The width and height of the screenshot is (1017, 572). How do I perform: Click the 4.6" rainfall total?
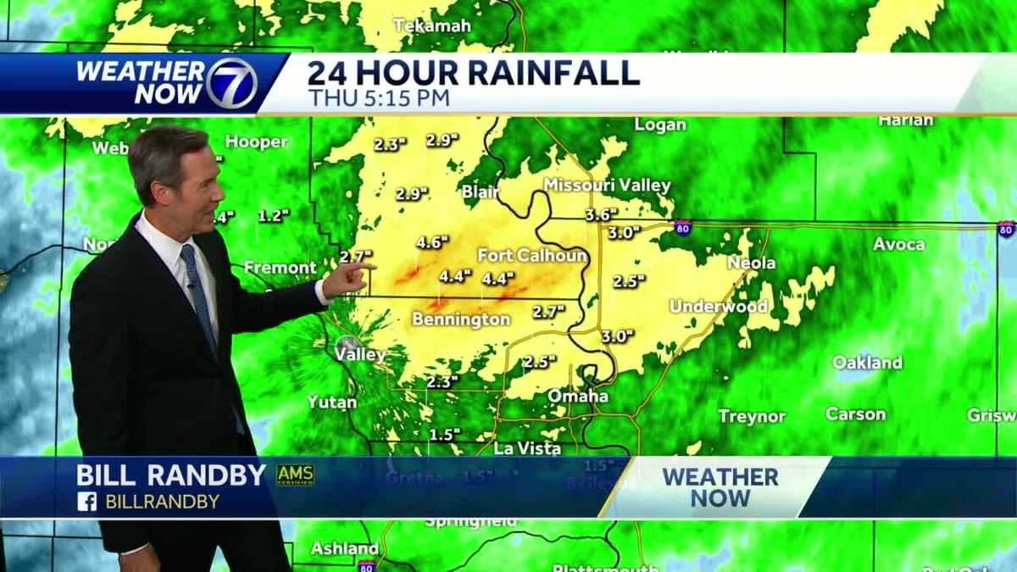tap(431, 242)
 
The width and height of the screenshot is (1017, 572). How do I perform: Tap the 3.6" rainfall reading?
tap(601, 215)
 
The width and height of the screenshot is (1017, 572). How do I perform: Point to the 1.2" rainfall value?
tap(274, 216)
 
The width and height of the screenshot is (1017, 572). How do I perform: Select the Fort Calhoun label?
tap(532, 255)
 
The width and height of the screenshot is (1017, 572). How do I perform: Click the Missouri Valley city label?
tap(607, 185)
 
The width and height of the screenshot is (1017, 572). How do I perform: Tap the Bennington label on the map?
tap(461, 319)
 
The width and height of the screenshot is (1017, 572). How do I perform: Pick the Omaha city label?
tap(578, 396)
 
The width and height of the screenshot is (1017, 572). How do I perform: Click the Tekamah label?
tap(432, 25)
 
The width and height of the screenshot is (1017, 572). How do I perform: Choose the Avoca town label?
tap(899, 244)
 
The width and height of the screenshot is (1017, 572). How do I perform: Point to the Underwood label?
tap(719, 306)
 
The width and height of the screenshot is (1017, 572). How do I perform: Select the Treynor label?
tap(752, 416)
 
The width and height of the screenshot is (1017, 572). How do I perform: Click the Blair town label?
tap(481, 192)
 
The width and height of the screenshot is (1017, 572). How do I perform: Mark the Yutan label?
tap(332, 402)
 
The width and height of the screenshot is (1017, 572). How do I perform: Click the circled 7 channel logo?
tap(231, 84)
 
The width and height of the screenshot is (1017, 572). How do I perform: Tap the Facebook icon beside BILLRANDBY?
tap(86, 502)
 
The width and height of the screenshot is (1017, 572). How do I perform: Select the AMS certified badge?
tap(295, 475)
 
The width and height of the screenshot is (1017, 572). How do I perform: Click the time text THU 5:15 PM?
tap(378, 98)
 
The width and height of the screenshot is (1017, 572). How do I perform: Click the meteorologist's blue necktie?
tap(200, 297)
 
